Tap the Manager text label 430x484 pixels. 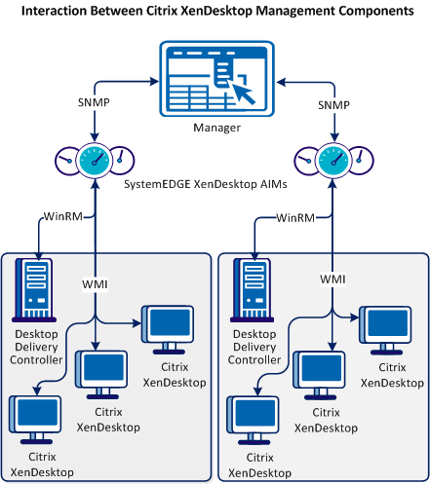[215, 127]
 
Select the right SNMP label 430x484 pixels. [333, 103]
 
